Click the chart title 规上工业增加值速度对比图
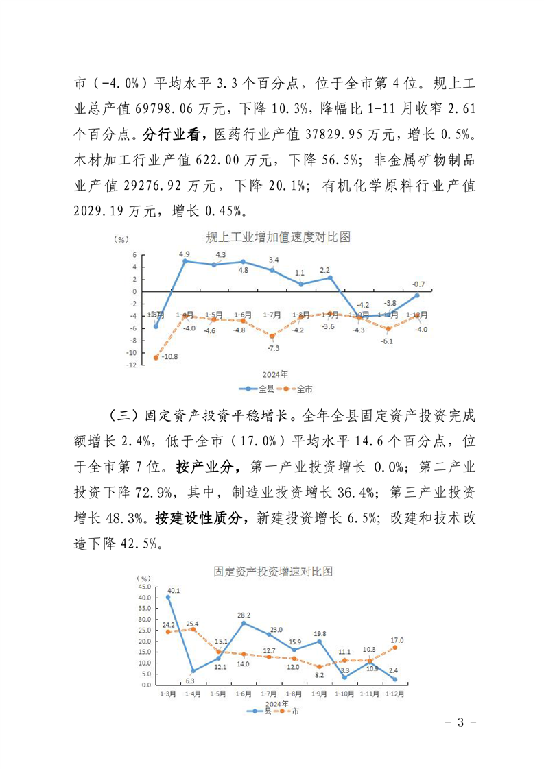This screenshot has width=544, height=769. click(x=279, y=237)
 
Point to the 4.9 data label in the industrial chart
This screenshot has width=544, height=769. click(x=185, y=254)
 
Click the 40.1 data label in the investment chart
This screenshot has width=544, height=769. click(x=174, y=590)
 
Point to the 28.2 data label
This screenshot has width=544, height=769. click(x=244, y=615)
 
